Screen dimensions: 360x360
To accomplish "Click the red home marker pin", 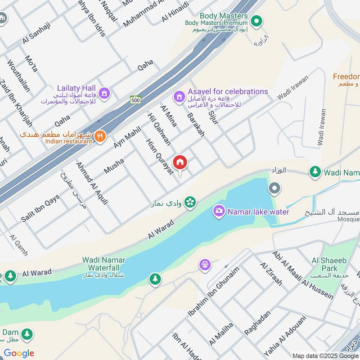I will tap(180, 163).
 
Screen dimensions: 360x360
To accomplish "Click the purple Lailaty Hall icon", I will tap(104, 93).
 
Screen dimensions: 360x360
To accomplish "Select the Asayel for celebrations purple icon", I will tap(180, 97).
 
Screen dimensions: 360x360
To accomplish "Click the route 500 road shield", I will tap(135, 100).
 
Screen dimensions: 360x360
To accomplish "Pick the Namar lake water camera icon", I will tap(219, 211).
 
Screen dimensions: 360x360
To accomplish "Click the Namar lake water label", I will tap(258, 211).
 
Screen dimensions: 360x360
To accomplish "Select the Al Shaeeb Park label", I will tap(324, 264).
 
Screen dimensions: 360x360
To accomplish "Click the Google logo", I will tap(19, 353).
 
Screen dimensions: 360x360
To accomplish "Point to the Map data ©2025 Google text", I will tap(325, 355).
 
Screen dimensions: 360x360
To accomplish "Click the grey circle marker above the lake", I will tap(274, 188).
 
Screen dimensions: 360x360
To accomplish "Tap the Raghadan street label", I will tap(257, 322).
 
